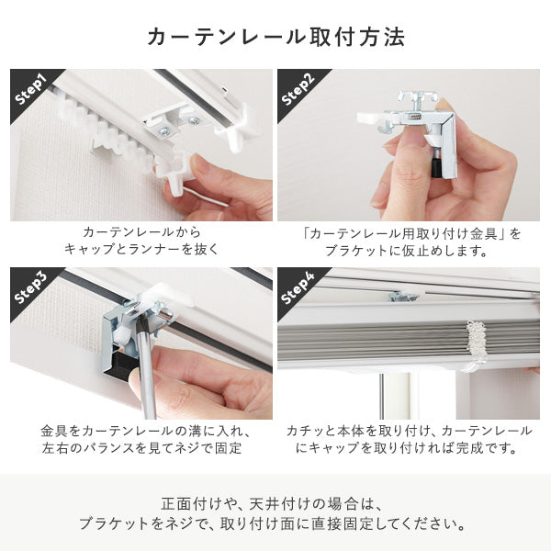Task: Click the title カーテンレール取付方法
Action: pos(275,38)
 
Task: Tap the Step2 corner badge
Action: pos(299,90)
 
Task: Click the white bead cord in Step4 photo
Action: pos(475,344)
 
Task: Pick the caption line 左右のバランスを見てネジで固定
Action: pos(141,449)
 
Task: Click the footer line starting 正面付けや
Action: pos(275,504)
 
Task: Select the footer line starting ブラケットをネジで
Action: pos(275,525)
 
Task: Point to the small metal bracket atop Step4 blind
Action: pos(403,296)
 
